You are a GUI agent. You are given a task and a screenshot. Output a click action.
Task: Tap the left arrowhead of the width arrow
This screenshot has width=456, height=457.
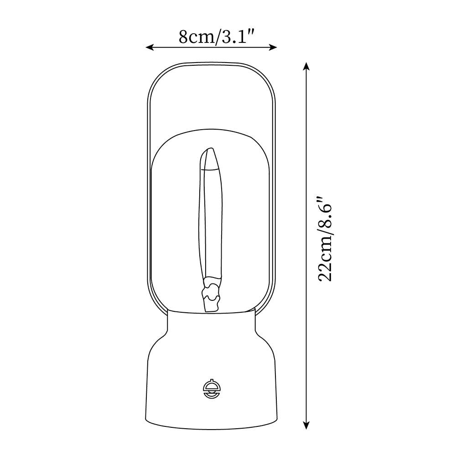pyautogui.click(x=149, y=47)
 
